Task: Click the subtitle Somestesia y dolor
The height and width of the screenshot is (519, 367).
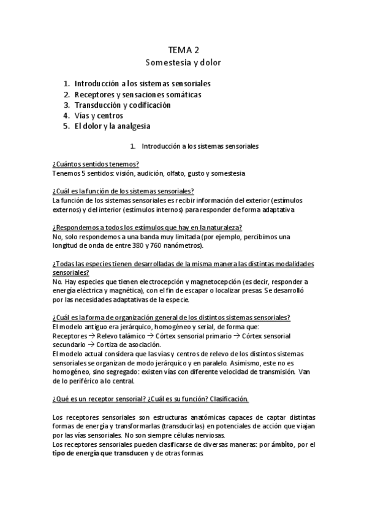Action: click(183, 62)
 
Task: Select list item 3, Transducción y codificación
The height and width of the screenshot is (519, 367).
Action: click(122, 105)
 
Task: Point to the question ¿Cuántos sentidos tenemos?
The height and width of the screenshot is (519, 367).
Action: click(96, 164)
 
